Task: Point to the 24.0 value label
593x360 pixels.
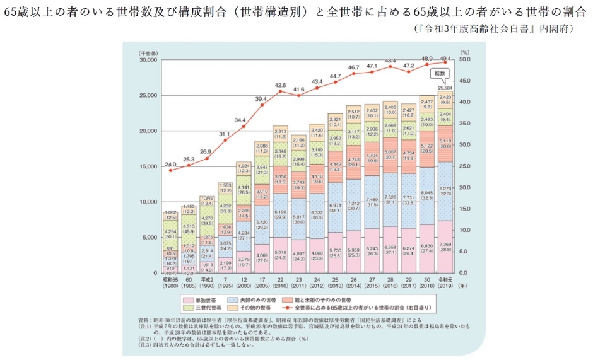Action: coord(170,164)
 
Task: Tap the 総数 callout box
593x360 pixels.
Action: coord(444,73)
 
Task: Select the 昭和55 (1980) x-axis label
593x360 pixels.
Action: coord(170,284)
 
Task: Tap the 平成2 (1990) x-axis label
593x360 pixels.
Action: coord(207,284)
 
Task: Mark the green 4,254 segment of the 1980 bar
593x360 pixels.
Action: coord(170,233)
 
